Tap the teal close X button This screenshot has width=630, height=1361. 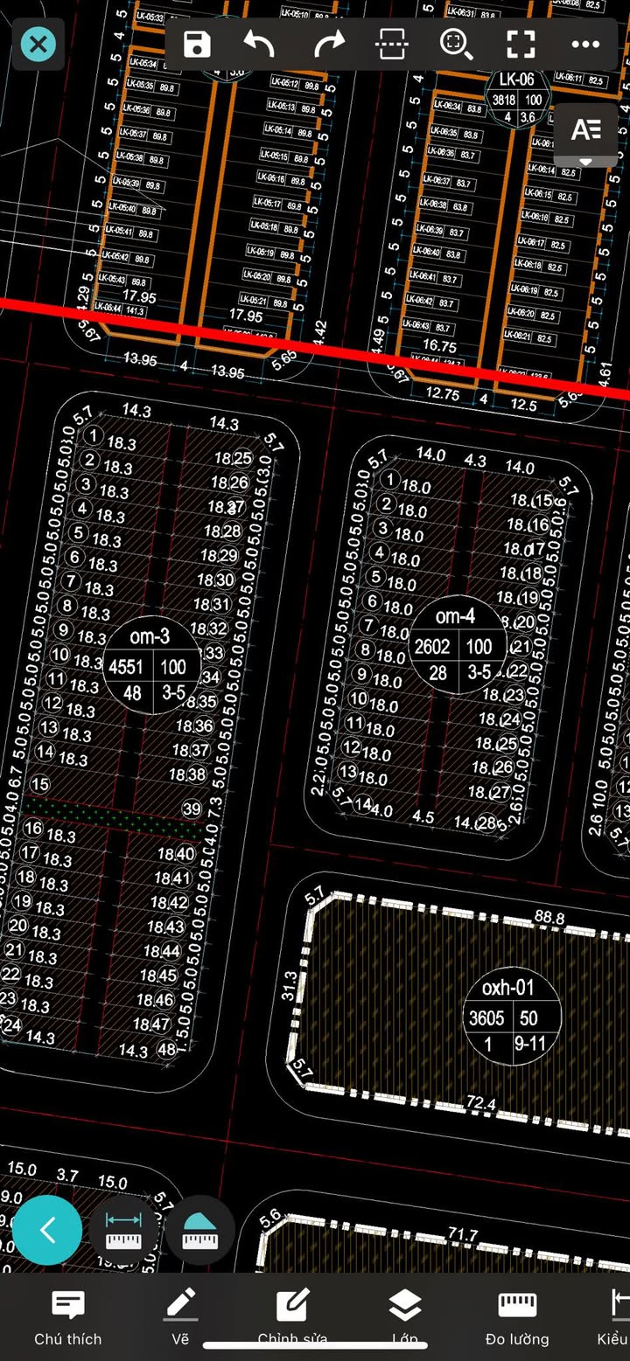coord(38,44)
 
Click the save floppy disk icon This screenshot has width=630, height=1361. coord(197,44)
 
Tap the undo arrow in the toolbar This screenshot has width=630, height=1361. coord(260,44)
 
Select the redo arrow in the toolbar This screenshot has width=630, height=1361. coord(328,44)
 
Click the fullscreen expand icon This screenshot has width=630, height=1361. coord(521,44)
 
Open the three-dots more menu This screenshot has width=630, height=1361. coord(584,44)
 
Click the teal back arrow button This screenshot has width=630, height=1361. coord(47,1230)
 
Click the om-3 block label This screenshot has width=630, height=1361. coord(150,637)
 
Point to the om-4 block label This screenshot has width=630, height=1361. coord(455,616)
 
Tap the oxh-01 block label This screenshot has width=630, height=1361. coord(508,988)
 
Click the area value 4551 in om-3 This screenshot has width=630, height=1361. coord(126,667)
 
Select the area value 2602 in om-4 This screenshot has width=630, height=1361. coord(432,647)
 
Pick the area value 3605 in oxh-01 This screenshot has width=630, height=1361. coord(486,1018)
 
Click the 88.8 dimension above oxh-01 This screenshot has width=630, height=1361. coord(549,918)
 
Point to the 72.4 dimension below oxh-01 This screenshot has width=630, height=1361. coord(481,1104)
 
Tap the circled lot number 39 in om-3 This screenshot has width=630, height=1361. coord(192,809)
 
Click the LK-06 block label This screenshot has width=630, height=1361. coord(516,80)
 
